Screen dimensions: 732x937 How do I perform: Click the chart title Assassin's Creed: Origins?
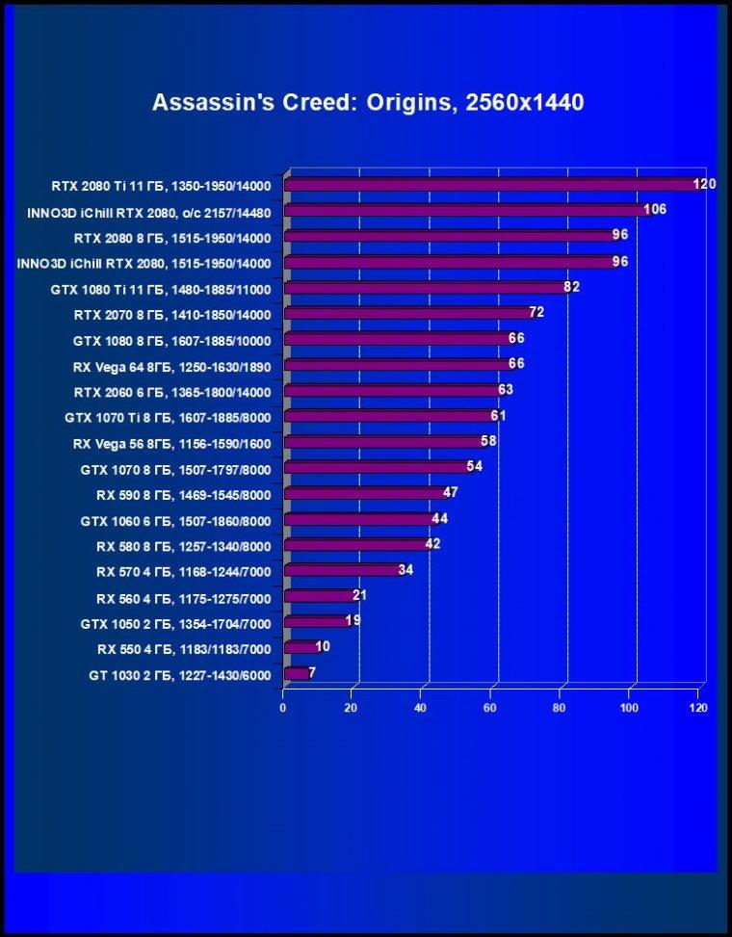click(368, 103)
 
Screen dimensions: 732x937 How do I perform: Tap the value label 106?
click(655, 209)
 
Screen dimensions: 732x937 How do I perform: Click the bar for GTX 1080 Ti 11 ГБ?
click(429, 288)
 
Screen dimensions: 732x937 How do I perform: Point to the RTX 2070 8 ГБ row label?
click(172, 315)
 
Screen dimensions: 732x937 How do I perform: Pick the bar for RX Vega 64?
click(401, 365)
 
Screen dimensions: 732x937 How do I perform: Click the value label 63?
click(506, 390)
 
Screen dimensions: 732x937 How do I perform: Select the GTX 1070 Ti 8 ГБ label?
click(168, 418)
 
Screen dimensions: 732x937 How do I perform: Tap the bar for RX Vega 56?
click(387, 442)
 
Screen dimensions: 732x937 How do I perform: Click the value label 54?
click(475, 466)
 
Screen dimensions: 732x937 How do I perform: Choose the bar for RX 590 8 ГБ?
click(368, 494)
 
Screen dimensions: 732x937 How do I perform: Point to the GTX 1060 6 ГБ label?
click(175, 521)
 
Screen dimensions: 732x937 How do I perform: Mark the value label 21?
click(359, 595)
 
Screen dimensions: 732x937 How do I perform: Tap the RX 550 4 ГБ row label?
click(184, 649)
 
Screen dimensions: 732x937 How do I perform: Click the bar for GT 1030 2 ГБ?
click(298, 673)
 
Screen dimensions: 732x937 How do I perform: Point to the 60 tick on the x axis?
click(490, 708)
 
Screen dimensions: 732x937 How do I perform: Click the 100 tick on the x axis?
click(629, 708)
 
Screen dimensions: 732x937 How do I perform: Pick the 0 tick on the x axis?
click(282, 708)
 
